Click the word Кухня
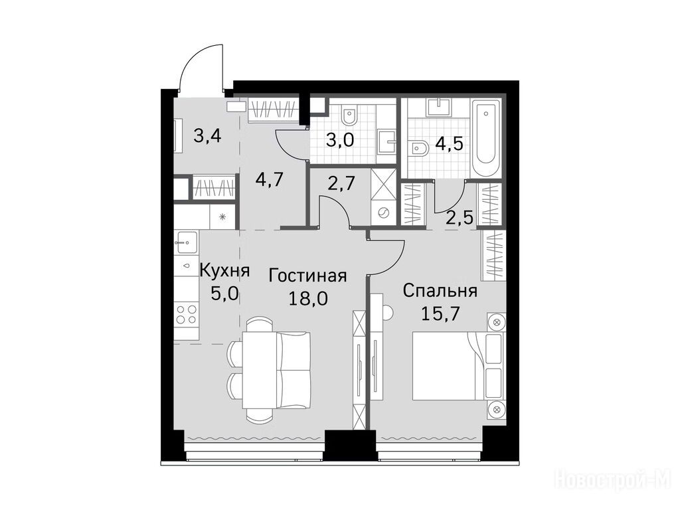[x=224, y=271]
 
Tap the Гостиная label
[x=308, y=276]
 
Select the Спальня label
[x=440, y=291]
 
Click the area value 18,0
[x=308, y=299]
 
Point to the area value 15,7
[x=440, y=314]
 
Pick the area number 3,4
[x=208, y=136]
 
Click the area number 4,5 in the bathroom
[x=450, y=143]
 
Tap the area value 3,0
[x=341, y=140]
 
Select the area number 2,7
[x=342, y=183]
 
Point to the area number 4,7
[x=270, y=179]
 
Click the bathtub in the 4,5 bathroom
[x=486, y=139]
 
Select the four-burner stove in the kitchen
[x=187, y=315]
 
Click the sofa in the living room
[x=294, y=370]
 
